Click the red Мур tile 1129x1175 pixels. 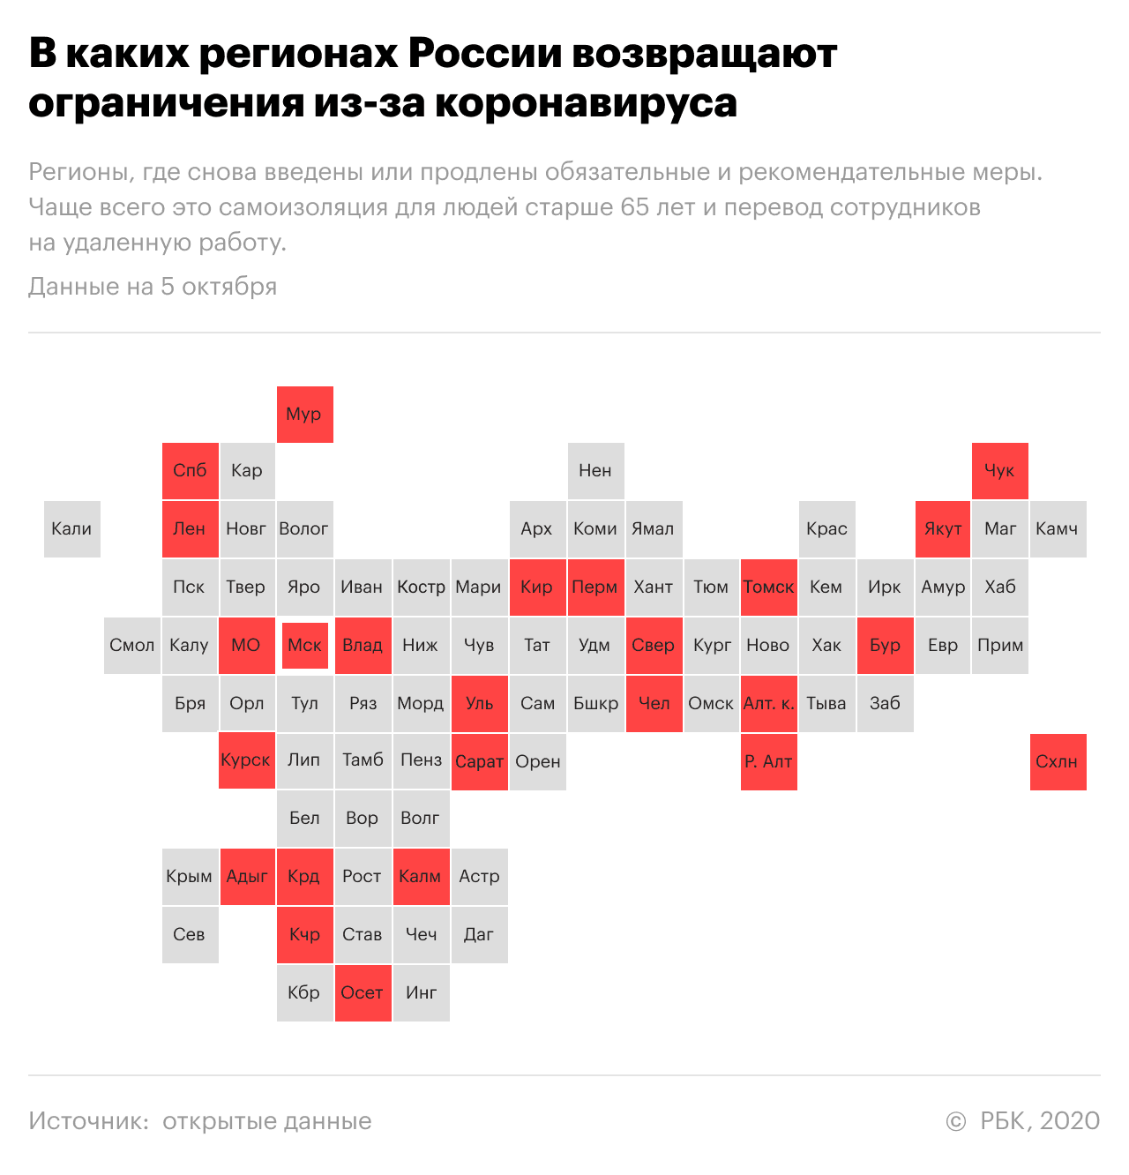tap(304, 415)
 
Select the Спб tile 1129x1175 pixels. tap(190, 471)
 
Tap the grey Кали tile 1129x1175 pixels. tap(71, 529)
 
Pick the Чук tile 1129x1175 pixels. tap(999, 471)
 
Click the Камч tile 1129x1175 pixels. tap(1058, 529)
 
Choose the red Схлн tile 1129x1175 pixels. tap(1058, 762)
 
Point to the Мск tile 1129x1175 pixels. tap(304, 646)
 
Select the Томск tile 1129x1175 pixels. tap(768, 587)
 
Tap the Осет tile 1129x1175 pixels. tap(363, 993)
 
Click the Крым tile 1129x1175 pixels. tap(190, 877)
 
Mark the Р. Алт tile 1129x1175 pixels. tap(768, 762)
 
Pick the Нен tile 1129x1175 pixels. tap(595, 471)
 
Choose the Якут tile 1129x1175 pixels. tap(943, 529)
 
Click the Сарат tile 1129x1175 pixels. tap(479, 762)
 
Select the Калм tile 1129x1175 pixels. tap(421, 877)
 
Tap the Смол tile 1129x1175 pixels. tap(131, 646)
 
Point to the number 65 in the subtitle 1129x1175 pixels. tap(635, 208)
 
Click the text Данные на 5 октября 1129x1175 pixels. tap(153, 287)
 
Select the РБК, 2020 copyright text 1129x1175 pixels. tap(1039, 1121)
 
